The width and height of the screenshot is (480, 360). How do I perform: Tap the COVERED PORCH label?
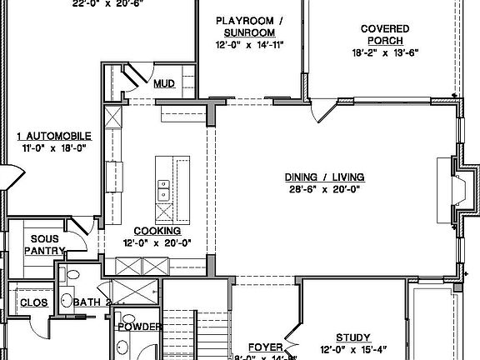[384, 34]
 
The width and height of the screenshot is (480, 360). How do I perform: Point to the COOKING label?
[157, 231]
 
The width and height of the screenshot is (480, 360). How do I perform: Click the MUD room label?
[164, 83]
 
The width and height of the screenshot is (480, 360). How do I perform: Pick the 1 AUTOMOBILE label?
[54, 136]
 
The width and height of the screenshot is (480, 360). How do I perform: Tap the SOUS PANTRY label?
[39, 244]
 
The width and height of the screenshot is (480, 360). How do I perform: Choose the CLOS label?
[33, 302]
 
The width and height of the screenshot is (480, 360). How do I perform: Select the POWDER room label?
[138, 327]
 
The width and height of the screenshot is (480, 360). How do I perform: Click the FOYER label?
[267, 346]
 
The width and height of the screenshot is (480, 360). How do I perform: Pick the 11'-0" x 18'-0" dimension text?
[54, 147]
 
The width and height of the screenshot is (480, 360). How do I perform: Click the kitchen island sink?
[162, 194]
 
